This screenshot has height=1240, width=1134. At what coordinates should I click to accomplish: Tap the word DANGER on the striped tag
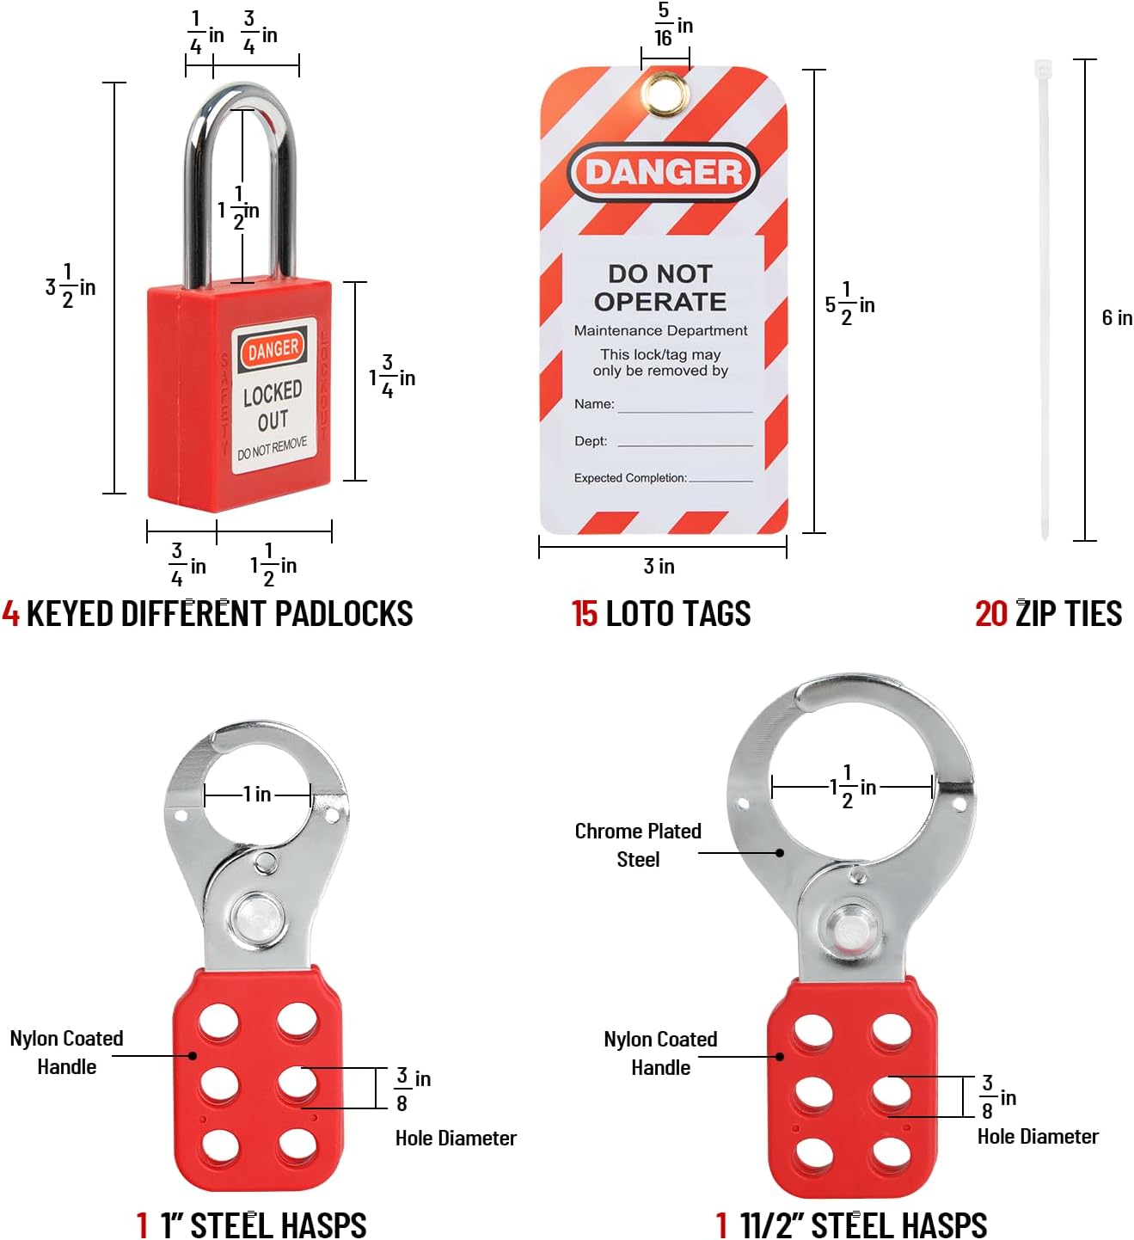(x=664, y=172)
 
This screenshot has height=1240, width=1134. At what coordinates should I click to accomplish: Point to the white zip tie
(x=1044, y=300)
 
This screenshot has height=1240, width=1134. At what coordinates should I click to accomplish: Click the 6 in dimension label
(x=1117, y=317)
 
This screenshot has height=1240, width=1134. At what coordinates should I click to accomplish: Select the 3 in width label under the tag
(x=659, y=566)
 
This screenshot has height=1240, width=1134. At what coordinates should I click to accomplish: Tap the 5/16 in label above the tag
(x=673, y=25)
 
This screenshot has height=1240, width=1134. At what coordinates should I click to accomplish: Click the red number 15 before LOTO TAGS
(x=585, y=614)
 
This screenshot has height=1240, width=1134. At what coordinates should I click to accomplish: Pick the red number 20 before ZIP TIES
(x=990, y=614)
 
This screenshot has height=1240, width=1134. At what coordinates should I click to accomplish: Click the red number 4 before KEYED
(x=10, y=614)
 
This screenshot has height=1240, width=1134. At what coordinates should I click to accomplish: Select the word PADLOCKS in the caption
(x=344, y=614)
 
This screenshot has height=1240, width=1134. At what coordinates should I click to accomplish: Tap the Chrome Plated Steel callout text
(x=638, y=845)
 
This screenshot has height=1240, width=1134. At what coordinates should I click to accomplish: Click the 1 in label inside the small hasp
(x=257, y=794)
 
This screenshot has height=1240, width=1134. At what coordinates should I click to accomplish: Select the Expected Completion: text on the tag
(x=630, y=478)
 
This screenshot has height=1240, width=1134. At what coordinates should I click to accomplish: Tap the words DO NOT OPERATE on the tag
(x=660, y=287)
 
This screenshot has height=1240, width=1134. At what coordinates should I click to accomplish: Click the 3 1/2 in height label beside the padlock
(x=70, y=286)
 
